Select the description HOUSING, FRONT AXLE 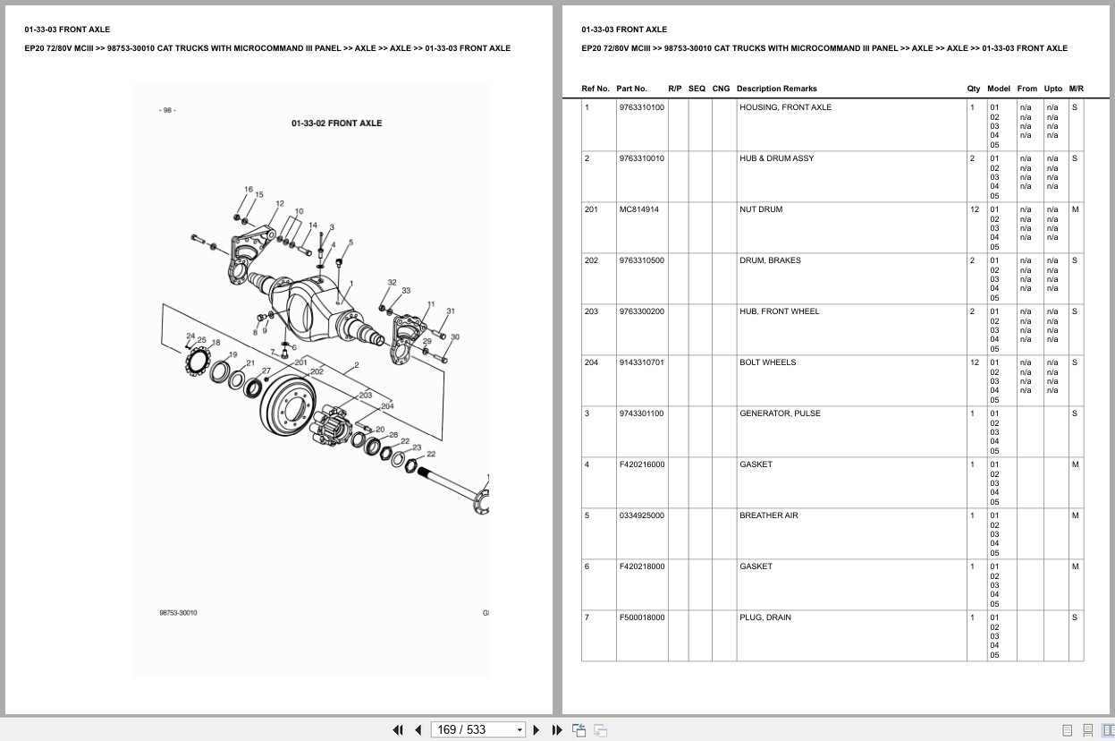[785, 107]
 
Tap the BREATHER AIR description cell [768, 515]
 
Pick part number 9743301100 [641, 413]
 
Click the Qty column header [973, 89]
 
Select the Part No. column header [631, 89]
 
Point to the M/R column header [1076, 89]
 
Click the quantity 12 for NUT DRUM [974, 209]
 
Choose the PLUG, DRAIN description [764, 617]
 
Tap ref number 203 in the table [591, 311]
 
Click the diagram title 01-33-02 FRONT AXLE [336, 123]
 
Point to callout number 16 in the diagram [249, 190]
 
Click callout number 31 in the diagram [451, 311]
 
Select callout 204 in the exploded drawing [387, 406]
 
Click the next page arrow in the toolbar [536, 729]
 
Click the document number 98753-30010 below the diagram [179, 613]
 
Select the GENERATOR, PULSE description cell [779, 413]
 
